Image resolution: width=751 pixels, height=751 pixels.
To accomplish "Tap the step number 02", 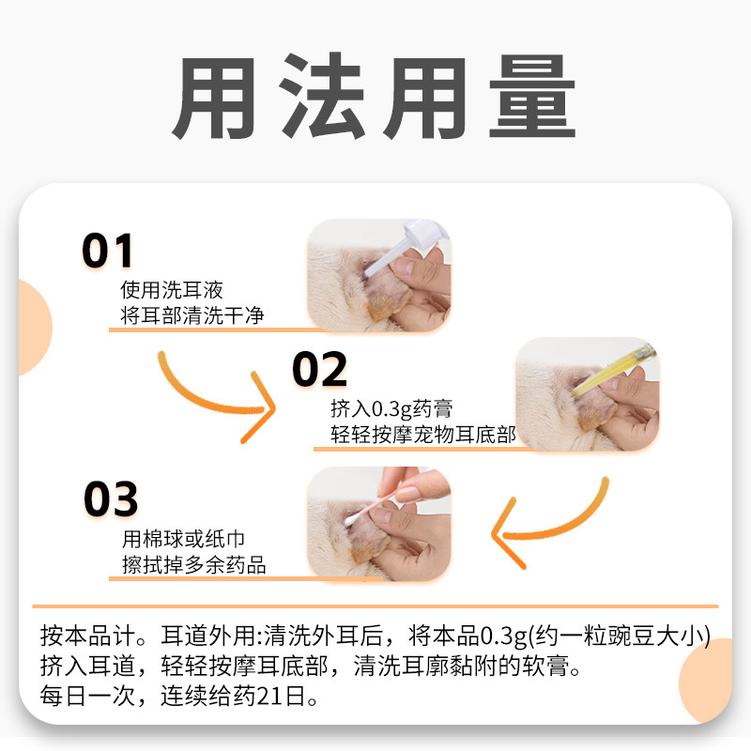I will pyautogui.click(x=319, y=370).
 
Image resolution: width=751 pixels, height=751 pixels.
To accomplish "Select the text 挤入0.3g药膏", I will pyautogui.click(x=391, y=409).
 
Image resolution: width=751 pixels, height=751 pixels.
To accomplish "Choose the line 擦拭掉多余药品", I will pyautogui.click(x=193, y=565).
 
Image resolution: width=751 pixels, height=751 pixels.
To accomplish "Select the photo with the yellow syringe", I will pyautogui.click(x=587, y=392).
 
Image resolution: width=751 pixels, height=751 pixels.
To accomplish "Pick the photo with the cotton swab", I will pyautogui.click(x=379, y=524).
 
